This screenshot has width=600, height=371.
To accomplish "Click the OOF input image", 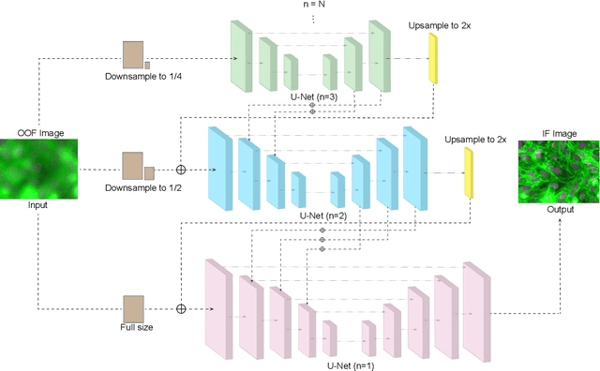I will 41,169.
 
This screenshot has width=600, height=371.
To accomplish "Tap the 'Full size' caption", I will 136,327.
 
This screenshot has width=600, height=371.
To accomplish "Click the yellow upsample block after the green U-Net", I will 433,58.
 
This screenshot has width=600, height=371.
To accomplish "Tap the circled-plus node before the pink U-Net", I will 181,307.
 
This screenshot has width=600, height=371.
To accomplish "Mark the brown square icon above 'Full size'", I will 134,307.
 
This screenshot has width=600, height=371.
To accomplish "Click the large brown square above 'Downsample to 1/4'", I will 132,55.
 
